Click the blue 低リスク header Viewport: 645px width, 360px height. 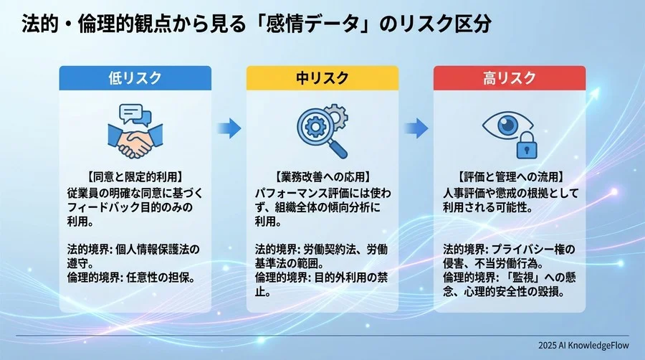[135, 77]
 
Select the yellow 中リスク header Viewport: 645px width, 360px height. [322, 77]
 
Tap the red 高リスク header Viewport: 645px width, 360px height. [509, 77]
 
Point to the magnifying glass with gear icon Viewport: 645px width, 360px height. [319, 130]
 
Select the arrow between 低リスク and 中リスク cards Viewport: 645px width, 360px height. [229, 128]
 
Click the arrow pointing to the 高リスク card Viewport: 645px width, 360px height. [416, 128]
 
